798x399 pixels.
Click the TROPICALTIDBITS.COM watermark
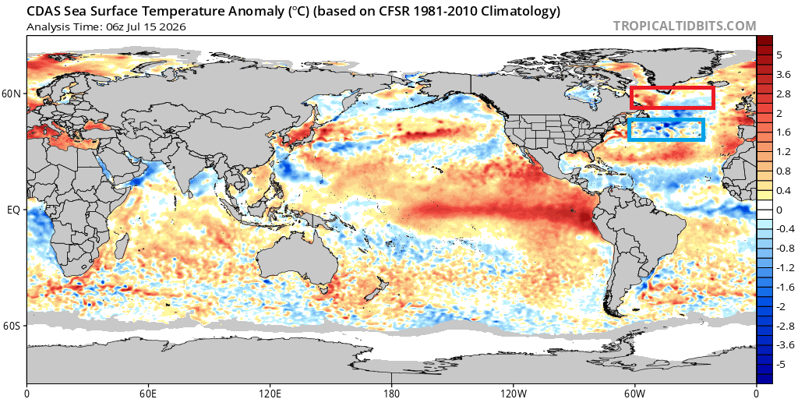pyautogui.click(x=684, y=26)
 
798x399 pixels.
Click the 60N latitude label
pyautogui.click(x=14, y=94)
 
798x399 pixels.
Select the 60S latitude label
pyautogui.click(x=14, y=325)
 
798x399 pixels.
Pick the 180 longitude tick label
pyautogui.click(x=391, y=393)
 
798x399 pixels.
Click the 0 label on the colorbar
pyautogui.click(x=779, y=210)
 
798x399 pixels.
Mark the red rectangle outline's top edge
pyautogui.click(x=673, y=88)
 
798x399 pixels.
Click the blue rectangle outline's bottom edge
pyautogui.click(x=666, y=139)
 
